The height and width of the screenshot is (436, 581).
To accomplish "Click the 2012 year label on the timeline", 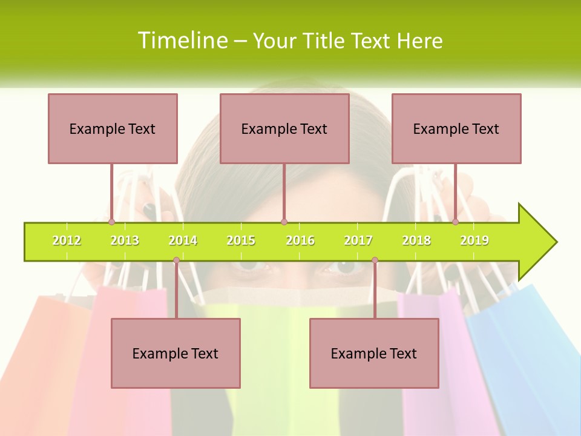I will tap(67, 240).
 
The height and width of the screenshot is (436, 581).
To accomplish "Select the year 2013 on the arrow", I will tap(125, 240).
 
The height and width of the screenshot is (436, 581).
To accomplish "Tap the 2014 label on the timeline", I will tap(183, 240).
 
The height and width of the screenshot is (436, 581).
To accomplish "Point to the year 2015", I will tap(241, 240).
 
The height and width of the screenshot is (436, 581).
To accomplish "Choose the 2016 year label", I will tap(300, 240).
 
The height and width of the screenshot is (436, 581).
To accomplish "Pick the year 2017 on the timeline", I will tap(358, 240).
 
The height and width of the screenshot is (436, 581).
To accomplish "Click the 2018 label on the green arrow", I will tap(416, 240).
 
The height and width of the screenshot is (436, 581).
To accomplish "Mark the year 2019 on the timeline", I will tap(474, 240).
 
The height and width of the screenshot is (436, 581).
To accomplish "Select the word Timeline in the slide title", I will tap(182, 41).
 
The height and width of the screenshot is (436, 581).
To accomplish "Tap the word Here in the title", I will tap(419, 41).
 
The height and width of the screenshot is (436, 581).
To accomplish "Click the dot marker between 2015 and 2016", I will tap(284, 222).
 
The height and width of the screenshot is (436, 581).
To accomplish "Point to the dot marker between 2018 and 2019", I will tap(455, 222).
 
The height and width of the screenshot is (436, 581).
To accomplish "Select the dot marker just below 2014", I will tap(176, 260).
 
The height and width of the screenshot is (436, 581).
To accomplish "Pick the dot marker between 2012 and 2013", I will tap(111, 222).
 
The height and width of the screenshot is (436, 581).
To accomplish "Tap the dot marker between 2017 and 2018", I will tap(375, 260).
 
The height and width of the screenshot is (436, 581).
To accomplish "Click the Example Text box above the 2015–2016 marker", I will tap(284, 128).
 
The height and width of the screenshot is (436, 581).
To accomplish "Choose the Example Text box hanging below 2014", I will tap(176, 353).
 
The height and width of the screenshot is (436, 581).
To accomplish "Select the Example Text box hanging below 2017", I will tap(374, 353).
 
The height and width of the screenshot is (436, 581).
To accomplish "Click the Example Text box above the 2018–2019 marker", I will tap(456, 128).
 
